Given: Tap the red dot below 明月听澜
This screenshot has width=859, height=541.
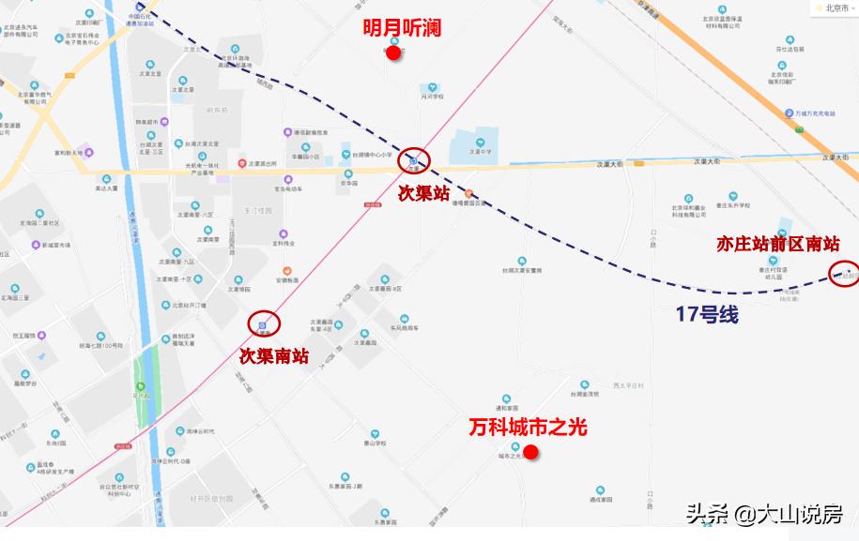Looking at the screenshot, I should [394, 53].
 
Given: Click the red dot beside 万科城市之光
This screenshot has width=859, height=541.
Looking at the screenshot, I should [530, 452].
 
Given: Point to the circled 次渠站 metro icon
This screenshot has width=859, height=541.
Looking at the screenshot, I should [413, 160].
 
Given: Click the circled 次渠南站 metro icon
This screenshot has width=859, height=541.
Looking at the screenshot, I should [264, 323].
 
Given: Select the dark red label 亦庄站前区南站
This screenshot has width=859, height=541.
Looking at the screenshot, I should [778, 244].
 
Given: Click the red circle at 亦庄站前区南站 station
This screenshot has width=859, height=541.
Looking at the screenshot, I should [845, 274].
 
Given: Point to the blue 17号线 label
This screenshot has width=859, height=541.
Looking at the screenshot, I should [706, 315].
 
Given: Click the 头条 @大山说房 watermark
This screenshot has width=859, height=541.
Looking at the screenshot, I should [762, 514].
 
